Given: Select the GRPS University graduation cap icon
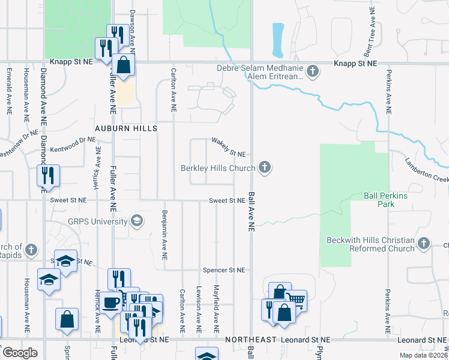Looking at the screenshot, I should (x=137, y=221).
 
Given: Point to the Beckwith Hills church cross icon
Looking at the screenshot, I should (x=424, y=244).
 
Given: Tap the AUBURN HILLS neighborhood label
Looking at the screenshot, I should (x=126, y=128).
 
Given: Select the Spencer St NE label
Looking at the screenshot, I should (x=224, y=270).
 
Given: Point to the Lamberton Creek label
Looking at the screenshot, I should (x=426, y=170).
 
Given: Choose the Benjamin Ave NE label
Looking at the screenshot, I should (x=164, y=234).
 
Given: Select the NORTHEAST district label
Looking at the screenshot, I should (x=250, y=340).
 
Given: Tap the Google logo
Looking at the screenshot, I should (x=19, y=353).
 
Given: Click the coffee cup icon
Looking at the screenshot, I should (x=110, y=302).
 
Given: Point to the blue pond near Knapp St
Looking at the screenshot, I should (x=278, y=37).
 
